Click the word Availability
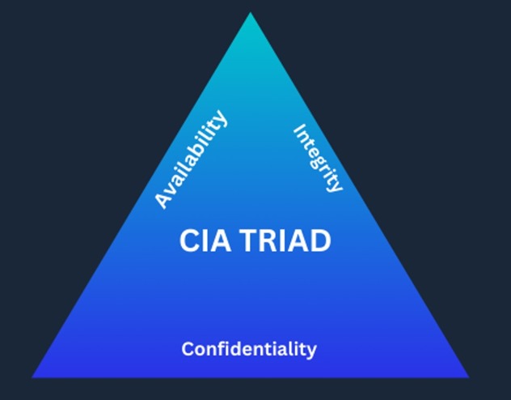click(192, 160)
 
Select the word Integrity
click(318, 158)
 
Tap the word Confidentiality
click(248, 350)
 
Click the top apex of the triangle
click(250, 14)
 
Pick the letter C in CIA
click(188, 240)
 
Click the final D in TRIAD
click(321, 240)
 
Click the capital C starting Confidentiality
click(188, 350)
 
